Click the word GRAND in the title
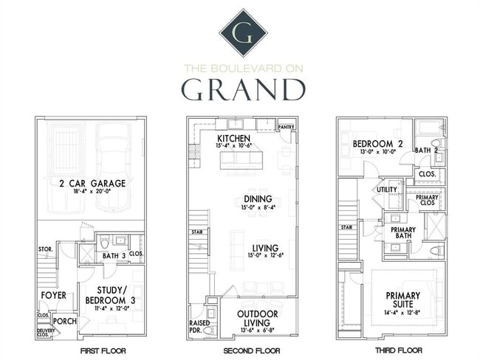coord(243,89)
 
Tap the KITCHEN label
coord(233,139)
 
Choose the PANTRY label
coord(285,128)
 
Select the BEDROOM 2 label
coord(377,143)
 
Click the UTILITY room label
coord(386,190)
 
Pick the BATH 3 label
coord(114,255)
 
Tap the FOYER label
coord(54,295)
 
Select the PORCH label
coord(65,321)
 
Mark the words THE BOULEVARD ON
coord(243,69)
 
